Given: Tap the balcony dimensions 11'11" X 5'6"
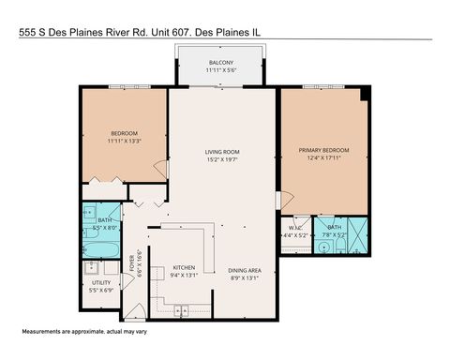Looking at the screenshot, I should pyautogui.click(x=222, y=69).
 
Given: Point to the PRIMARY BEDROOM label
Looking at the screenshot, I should pyautogui.click(x=323, y=150).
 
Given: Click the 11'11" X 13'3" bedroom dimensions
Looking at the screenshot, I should pyautogui.click(x=124, y=142).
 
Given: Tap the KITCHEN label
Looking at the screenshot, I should pyautogui.click(x=184, y=267).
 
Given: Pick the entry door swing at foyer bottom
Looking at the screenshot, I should pyautogui.click(x=137, y=309).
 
